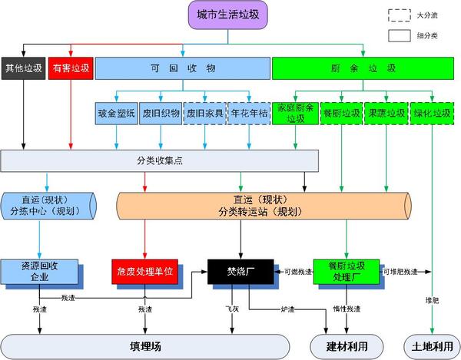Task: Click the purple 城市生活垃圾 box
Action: coord(229,16)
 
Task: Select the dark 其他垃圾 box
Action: coord(23,68)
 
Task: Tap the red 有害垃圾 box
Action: coord(71,68)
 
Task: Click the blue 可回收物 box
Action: coord(182,68)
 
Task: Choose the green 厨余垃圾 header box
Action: coord(365,68)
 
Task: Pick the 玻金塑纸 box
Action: coord(117,114)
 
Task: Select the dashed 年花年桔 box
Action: coord(250,114)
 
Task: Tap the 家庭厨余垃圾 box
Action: coord(295,114)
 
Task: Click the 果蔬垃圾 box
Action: coord(386,114)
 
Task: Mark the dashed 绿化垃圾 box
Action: coord(431,114)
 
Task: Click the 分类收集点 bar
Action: coord(159,160)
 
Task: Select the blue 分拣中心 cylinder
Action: coord(48,205)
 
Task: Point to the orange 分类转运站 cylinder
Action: coord(264,206)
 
